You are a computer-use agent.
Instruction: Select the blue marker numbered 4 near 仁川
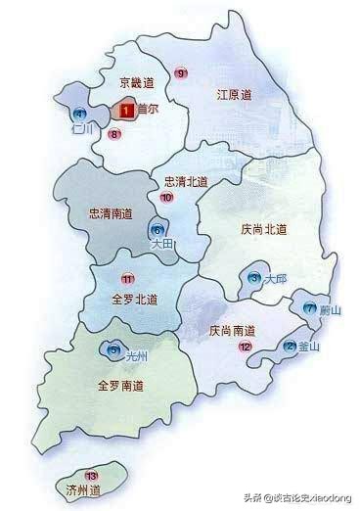tap(79, 114)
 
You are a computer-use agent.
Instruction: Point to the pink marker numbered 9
tap(180, 73)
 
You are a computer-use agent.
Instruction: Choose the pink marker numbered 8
tap(114, 134)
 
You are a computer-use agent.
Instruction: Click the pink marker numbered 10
tap(166, 198)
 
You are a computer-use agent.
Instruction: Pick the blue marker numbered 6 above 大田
tap(157, 231)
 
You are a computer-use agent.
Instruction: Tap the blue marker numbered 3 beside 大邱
tap(255, 279)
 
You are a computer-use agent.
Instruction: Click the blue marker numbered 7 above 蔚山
tap(310, 307)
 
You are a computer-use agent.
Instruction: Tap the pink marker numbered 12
tap(245, 347)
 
